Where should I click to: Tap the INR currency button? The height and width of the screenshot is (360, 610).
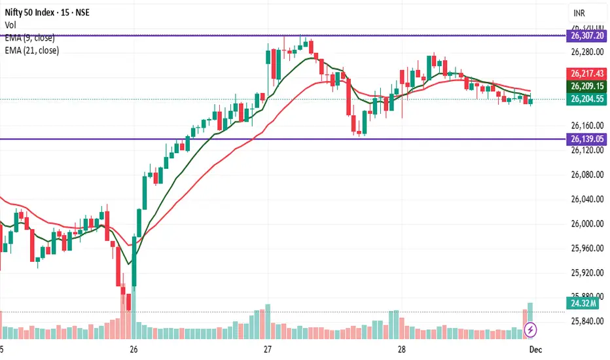point(580,13)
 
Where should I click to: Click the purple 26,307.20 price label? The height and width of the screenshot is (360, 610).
point(586,39)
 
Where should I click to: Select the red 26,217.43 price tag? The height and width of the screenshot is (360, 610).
point(586,74)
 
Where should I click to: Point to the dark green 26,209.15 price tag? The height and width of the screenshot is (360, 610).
point(586,86)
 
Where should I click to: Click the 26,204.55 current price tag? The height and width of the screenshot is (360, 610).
point(586,99)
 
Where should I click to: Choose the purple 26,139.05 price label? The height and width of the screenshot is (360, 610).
point(586,139)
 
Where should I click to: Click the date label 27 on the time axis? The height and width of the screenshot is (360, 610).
point(267,350)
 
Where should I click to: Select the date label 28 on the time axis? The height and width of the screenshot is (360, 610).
point(400,350)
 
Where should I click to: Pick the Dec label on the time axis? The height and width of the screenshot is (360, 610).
point(533,350)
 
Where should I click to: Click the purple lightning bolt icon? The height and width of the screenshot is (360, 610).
point(531,328)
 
